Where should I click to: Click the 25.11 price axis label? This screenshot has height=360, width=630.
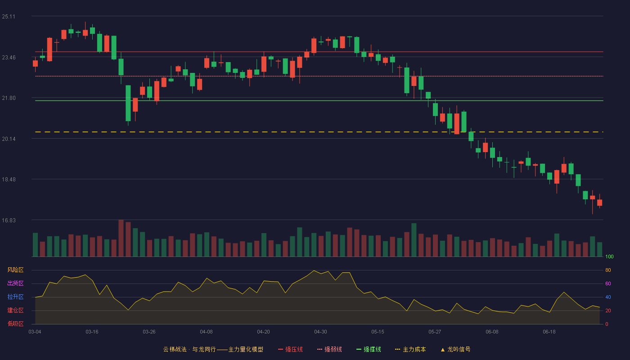click(x=9, y=17)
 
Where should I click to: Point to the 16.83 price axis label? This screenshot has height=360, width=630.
click(x=9, y=220)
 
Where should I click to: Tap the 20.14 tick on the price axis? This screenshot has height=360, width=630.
click(x=9, y=139)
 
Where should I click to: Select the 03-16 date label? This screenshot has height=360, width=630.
click(x=92, y=332)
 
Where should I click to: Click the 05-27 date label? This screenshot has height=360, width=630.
click(x=435, y=332)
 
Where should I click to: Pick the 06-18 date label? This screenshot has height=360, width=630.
click(x=549, y=332)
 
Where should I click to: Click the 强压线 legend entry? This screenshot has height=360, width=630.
click(x=290, y=349)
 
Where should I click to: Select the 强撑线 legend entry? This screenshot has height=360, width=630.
click(x=369, y=349)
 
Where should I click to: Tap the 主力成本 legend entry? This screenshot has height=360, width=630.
click(x=410, y=349)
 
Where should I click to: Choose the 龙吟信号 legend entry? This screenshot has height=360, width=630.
click(x=455, y=349)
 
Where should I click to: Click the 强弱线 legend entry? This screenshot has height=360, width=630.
click(x=329, y=349)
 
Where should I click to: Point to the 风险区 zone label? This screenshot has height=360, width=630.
click(x=15, y=270)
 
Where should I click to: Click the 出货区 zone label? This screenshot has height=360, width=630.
click(x=15, y=283)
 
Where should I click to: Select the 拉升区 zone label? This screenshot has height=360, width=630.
click(x=15, y=297)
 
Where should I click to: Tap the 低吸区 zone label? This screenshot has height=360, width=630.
click(x=15, y=324)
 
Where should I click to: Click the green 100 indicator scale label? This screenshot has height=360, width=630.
click(x=609, y=256)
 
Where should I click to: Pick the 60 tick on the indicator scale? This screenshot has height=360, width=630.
click(x=608, y=283)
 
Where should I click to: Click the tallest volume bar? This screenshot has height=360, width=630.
click(x=121, y=238)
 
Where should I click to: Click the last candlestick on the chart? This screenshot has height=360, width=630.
click(x=599, y=202)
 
